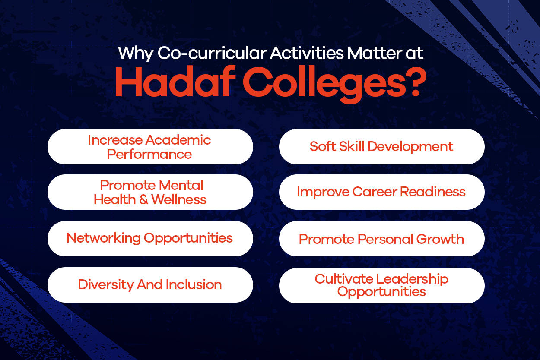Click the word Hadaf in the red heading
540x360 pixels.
point(175,82)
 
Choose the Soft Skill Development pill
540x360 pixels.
point(381,147)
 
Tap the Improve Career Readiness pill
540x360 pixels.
point(381,192)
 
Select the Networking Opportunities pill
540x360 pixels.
point(150,239)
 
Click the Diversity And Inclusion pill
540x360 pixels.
point(150,285)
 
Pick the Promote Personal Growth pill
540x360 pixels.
point(381,239)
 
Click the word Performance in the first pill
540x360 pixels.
point(149,155)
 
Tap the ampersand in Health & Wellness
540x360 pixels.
point(144,199)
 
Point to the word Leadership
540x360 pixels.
point(412,279)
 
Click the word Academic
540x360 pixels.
point(178,140)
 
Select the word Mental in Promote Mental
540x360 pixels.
point(181,186)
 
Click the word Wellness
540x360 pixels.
point(179,199)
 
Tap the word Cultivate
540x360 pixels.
point(344,279)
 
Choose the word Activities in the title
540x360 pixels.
point(307,53)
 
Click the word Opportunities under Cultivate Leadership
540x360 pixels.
point(381,292)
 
